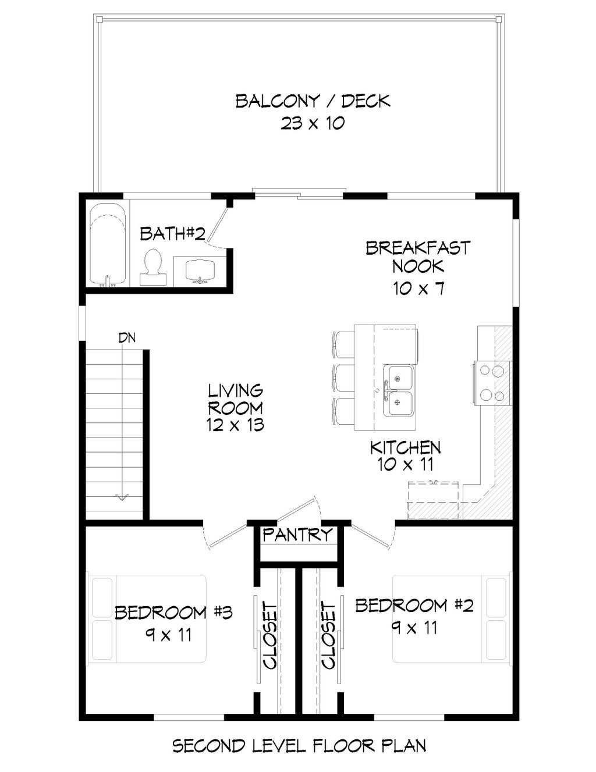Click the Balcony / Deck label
click(x=313, y=101)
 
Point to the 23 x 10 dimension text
click(x=313, y=124)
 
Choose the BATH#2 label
click(x=173, y=234)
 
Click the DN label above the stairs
click(x=127, y=338)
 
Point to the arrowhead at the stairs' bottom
click(x=122, y=497)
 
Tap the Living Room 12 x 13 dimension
click(x=236, y=425)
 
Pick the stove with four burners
click(x=492, y=383)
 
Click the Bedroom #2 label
click(x=414, y=606)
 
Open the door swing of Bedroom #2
click(x=374, y=536)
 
